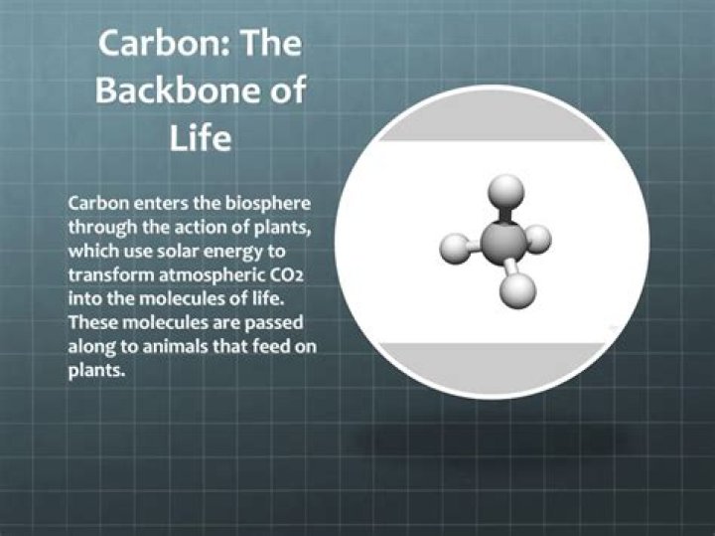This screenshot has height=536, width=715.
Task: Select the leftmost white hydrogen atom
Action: pyautogui.click(x=453, y=245)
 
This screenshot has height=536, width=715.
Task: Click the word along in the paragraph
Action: pyautogui.click(x=90, y=347)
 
